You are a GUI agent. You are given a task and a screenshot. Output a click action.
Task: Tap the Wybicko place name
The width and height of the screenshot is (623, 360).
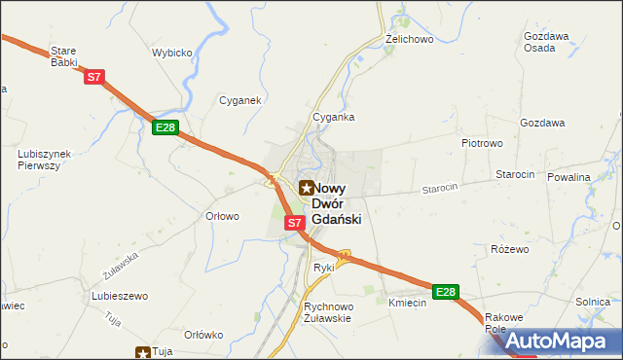coord(171,54)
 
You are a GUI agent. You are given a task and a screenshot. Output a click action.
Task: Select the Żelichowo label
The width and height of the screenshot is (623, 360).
coord(409,39)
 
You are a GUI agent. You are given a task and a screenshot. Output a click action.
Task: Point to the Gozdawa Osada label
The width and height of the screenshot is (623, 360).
coord(546,42)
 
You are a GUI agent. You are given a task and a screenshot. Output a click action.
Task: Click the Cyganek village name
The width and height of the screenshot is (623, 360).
coord(238,100)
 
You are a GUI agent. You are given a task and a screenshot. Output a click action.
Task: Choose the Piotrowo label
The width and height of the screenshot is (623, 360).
coord(481,142)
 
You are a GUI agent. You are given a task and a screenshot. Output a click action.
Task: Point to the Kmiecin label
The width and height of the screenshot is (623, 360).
coord(408,304)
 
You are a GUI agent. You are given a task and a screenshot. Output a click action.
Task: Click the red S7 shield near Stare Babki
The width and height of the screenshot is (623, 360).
coord(93,76)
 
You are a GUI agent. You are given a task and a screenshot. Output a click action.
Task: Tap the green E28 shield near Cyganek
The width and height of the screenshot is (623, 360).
coord(165,127)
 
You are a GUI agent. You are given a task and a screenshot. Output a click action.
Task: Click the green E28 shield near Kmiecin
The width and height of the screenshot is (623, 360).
coord(446,292)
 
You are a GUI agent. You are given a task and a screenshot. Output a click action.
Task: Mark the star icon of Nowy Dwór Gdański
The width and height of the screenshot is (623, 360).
coord(307,188)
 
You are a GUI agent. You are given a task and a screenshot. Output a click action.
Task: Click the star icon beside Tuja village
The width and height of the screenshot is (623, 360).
coord(143,352)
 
